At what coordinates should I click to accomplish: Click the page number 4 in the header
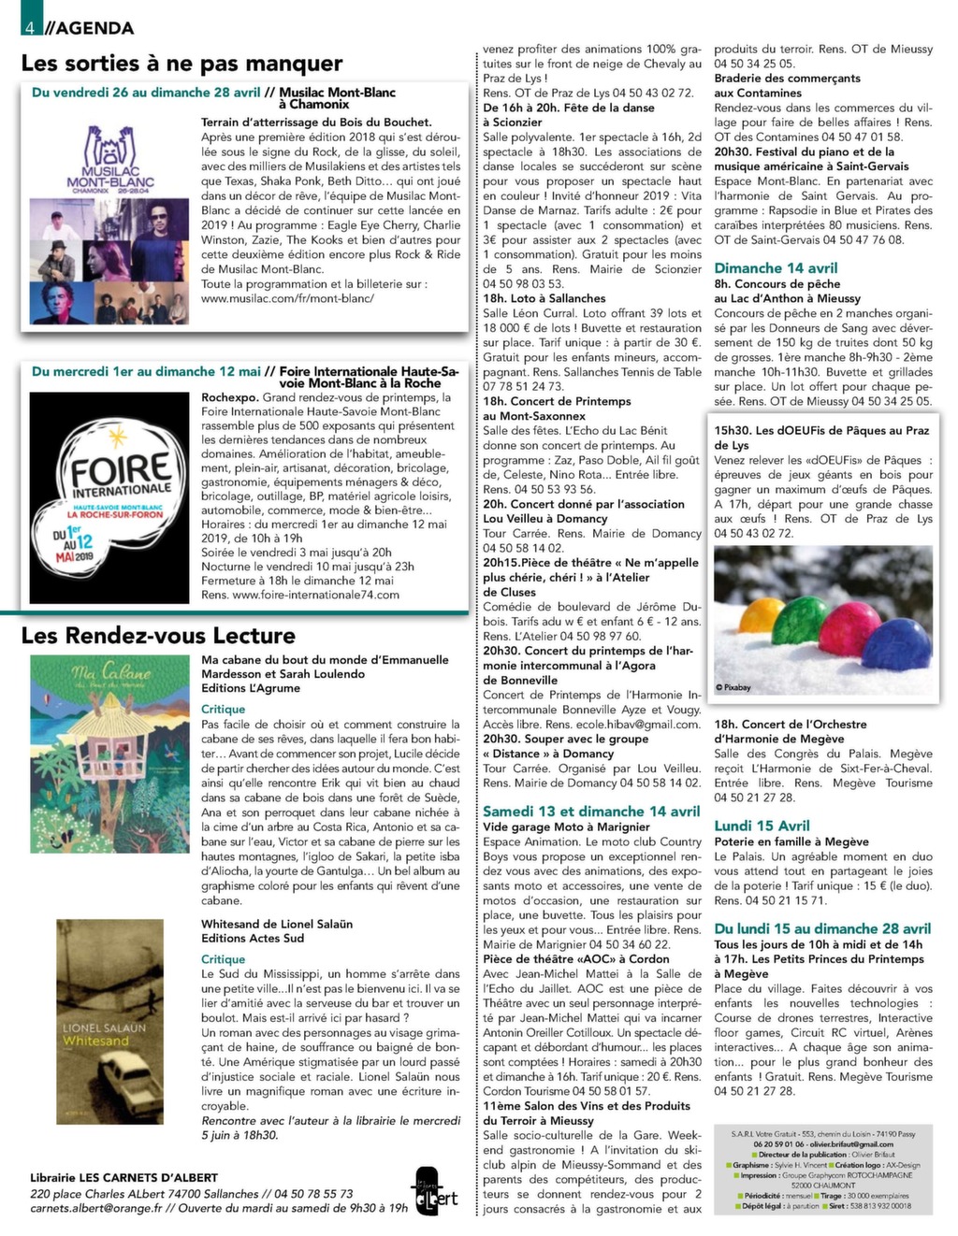[x=31, y=27]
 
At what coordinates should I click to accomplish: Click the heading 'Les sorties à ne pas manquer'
[x=181, y=64]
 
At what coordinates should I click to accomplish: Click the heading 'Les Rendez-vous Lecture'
[x=158, y=636]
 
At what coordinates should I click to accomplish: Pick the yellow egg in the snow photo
[x=759, y=616]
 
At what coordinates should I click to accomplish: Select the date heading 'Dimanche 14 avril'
[x=776, y=268]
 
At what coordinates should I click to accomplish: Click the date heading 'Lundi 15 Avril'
[x=762, y=826]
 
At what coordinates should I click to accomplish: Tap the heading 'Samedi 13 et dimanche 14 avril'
[x=591, y=812]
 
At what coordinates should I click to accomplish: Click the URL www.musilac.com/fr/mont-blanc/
[x=287, y=298]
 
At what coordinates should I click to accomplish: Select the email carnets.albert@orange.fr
[x=96, y=1207]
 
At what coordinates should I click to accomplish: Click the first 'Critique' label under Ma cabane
[x=223, y=710]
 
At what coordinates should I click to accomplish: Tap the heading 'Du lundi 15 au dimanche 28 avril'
[x=822, y=929]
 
